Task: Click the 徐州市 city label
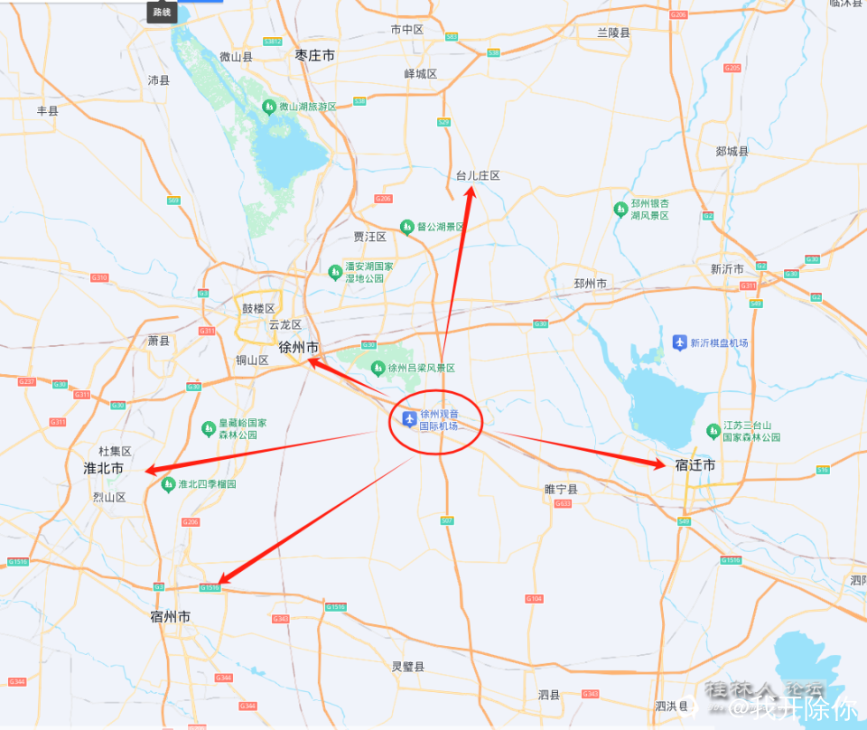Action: pyautogui.click(x=298, y=348)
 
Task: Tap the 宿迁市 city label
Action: pyautogui.click(x=695, y=465)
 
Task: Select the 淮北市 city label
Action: pyautogui.click(x=103, y=469)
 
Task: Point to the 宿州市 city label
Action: pyautogui.click(x=170, y=617)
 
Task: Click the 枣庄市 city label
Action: pyautogui.click(x=314, y=56)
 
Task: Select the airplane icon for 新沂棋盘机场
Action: pyautogui.click(x=680, y=342)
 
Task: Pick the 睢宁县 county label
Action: pyautogui.click(x=561, y=489)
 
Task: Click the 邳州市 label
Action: pyautogui.click(x=590, y=284)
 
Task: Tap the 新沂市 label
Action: pyautogui.click(x=726, y=269)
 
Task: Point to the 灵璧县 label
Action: pyautogui.click(x=407, y=667)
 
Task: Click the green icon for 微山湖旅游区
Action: pyautogui.click(x=268, y=107)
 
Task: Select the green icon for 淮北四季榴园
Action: pyautogui.click(x=168, y=484)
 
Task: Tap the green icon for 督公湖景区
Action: pyautogui.click(x=407, y=226)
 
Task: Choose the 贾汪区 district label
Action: pyautogui.click(x=369, y=237)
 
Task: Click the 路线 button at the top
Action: pyautogui.click(x=162, y=12)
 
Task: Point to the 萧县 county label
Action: pyautogui.click(x=159, y=341)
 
